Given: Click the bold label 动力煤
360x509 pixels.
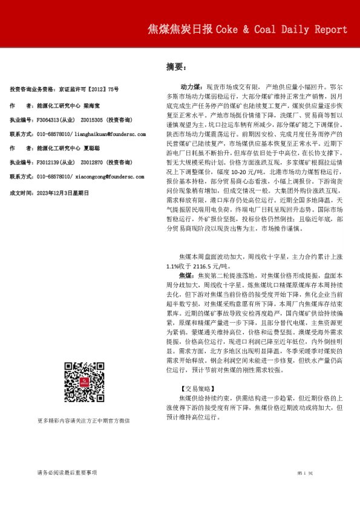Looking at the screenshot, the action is point(192,88).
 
